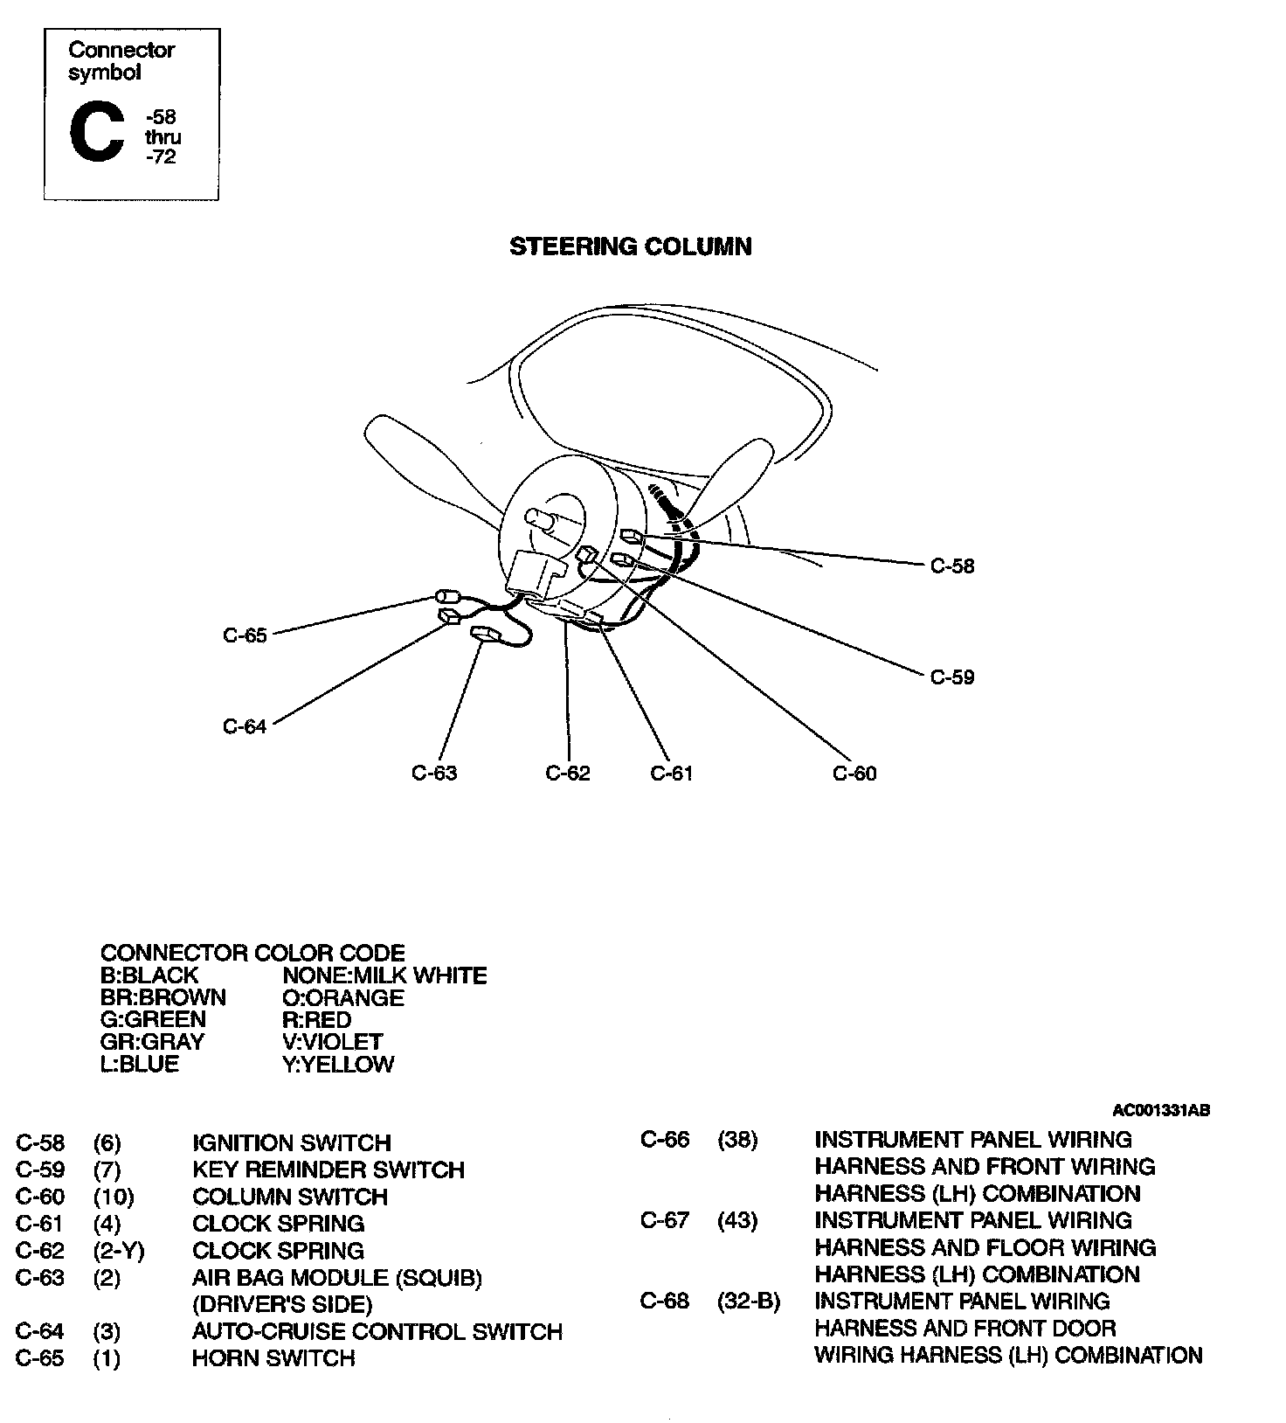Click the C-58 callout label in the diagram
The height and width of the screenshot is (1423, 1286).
pos(951,566)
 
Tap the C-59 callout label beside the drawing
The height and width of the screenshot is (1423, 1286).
pos(951,677)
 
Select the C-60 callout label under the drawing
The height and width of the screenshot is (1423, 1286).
pos(854,773)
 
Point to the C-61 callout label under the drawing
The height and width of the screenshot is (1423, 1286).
pos(671,773)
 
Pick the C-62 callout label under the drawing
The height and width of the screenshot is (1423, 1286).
pos(567,773)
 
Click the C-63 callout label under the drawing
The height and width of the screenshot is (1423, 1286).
pos(433,773)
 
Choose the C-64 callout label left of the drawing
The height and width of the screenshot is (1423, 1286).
pos(244,726)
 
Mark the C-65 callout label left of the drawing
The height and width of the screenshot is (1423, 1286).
pos(244,635)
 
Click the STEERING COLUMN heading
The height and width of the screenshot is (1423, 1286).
pos(630,246)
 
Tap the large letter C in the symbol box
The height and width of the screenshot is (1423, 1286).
pos(96,133)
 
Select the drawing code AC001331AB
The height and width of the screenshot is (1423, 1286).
pos(1160,1110)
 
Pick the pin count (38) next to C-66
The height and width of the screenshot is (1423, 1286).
pos(737,1140)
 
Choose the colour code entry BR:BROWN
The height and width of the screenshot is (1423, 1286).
pos(162,997)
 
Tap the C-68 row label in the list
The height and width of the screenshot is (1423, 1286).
pos(664,1301)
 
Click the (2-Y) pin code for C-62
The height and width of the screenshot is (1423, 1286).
pos(118,1251)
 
